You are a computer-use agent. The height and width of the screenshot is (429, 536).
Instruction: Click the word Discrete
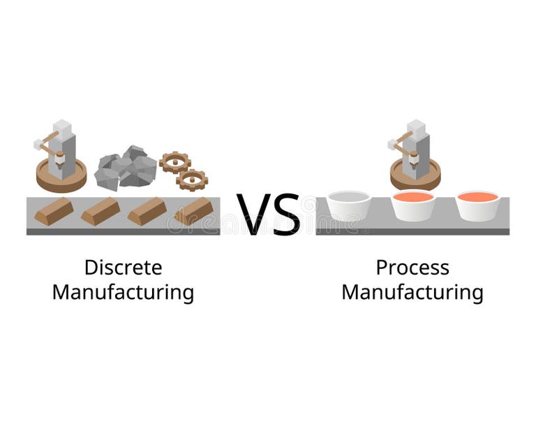(123, 268)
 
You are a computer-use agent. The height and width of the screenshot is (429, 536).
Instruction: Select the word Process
(412, 268)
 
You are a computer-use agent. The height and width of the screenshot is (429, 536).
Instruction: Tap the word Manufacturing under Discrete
(123, 292)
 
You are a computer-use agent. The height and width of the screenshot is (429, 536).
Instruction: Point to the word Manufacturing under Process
(412, 292)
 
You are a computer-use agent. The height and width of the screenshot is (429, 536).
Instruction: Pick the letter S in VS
(287, 214)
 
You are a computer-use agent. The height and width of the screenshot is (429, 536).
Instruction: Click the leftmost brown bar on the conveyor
(54, 211)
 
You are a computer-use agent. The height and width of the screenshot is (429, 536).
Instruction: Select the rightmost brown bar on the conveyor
(193, 211)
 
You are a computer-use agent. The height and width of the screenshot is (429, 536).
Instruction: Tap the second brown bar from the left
(100, 211)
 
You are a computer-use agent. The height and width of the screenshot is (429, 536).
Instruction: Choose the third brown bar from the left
(147, 211)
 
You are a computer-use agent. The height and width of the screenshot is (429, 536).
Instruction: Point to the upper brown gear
(174, 162)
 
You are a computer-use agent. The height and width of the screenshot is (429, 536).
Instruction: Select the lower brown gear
(192, 180)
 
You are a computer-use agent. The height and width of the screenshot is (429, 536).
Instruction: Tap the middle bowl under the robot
(413, 205)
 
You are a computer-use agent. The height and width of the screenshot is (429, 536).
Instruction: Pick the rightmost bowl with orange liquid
(477, 205)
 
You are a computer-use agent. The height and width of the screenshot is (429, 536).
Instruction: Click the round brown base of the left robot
(61, 176)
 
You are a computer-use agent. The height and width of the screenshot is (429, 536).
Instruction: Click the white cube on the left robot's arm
(38, 145)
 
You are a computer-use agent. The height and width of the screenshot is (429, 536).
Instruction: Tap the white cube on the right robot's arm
(392, 145)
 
